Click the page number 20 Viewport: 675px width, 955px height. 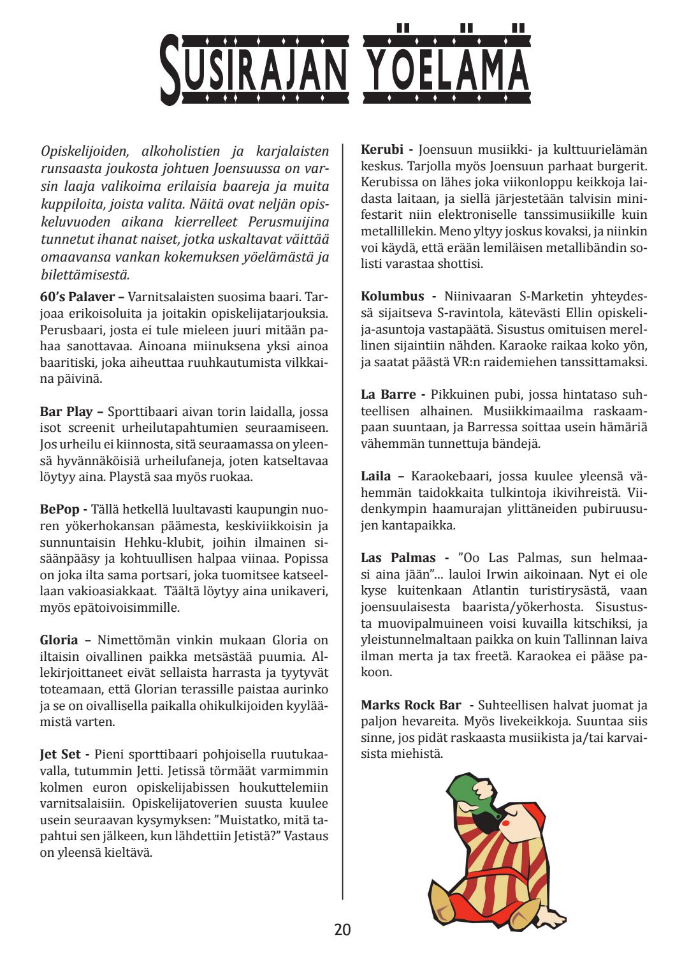[342, 929]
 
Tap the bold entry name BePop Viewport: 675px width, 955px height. [60, 510]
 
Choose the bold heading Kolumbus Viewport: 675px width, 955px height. [392, 297]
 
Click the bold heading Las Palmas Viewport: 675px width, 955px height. [399, 558]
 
